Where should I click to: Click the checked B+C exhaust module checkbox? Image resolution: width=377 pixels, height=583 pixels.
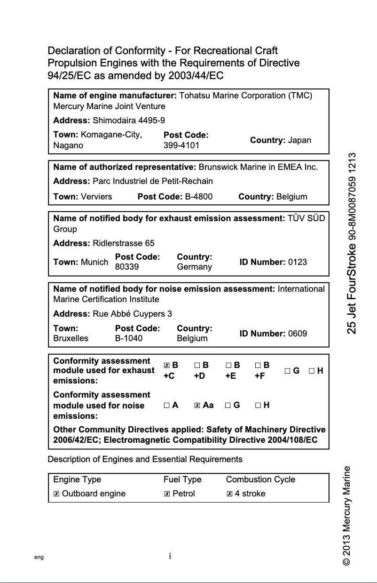tap(166, 365)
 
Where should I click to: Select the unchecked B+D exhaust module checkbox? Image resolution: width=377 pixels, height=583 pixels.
tap(197, 365)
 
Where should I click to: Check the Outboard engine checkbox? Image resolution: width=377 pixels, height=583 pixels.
tap(56, 494)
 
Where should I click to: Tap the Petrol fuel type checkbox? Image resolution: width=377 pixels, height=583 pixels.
tap(167, 494)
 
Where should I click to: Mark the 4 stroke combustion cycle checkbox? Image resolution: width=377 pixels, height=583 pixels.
tap(229, 494)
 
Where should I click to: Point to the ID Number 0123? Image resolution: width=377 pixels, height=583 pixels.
tap(297, 262)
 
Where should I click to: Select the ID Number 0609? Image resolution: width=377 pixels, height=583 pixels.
tap(297, 334)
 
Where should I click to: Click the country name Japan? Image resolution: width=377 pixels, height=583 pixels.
tap(299, 140)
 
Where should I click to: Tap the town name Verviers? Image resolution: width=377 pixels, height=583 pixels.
tap(96, 197)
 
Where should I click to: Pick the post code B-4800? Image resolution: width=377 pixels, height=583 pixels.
tap(199, 197)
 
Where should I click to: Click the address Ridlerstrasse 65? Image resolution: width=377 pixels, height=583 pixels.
tap(124, 243)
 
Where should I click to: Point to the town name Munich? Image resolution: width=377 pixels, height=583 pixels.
tap(94, 262)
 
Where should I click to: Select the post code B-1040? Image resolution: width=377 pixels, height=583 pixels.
tap(129, 338)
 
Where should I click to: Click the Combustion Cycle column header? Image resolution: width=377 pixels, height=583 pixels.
tap(260, 479)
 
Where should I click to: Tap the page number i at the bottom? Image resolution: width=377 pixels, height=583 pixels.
tap(170, 556)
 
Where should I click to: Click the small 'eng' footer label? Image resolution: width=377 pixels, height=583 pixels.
tap(39, 557)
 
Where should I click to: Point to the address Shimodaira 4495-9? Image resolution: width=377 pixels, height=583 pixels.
tap(129, 120)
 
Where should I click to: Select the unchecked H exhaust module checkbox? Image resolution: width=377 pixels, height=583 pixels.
tap(312, 371)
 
